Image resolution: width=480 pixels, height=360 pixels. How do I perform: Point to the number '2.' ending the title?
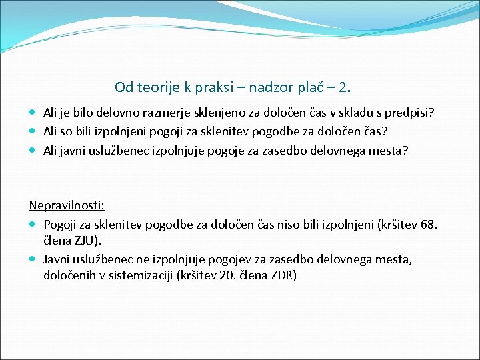[344, 87]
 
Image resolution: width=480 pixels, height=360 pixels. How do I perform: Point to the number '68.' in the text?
[430, 225]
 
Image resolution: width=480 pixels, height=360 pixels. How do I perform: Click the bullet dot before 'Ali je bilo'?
[33, 113]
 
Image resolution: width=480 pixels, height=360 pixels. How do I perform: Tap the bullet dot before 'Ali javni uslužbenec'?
[33, 151]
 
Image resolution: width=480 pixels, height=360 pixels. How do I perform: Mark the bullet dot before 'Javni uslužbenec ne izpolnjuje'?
[33, 259]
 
